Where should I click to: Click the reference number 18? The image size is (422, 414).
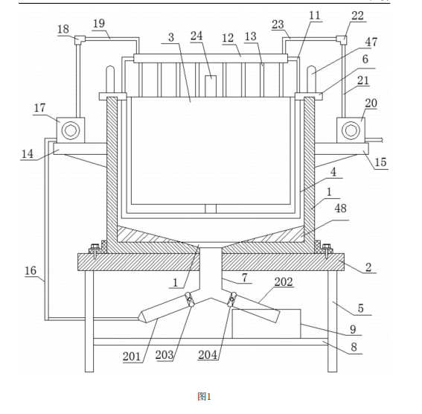tap(63, 29)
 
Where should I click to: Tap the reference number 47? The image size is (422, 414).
tap(371, 42)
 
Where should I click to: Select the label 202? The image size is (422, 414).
tap(284, 281)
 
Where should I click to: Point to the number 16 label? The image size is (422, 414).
tap(31, 270)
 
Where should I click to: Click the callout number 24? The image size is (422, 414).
tap(196, 36)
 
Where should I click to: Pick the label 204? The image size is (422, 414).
tap(208, 354)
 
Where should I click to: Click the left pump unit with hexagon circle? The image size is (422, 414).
tap(71, 130)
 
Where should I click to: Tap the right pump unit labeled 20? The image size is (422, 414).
tap(351, 130)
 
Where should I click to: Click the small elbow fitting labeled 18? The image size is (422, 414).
tap(80, 40)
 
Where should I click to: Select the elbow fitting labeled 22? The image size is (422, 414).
tap(342, 40)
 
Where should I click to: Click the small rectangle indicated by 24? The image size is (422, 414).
tap(211, 86)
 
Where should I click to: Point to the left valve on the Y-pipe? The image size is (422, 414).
tap(189, 300)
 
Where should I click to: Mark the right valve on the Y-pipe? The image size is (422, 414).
tap(231, 299)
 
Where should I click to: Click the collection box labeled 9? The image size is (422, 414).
tap(266, 324)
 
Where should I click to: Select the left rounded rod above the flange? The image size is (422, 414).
tap(110, 80)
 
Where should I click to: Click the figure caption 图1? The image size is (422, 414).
tap(204, 396)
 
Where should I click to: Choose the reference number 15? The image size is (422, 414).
tap(380, 162)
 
